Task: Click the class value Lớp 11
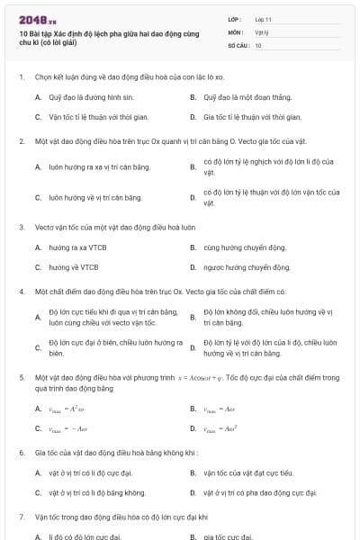pyautogui.click(x=263, y=19)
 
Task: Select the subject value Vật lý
pyautogui.click(x=262, y=31)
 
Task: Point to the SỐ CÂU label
pyautogui.click(x=237, y=44)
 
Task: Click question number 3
pyautogui.click(x=21, y=227)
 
